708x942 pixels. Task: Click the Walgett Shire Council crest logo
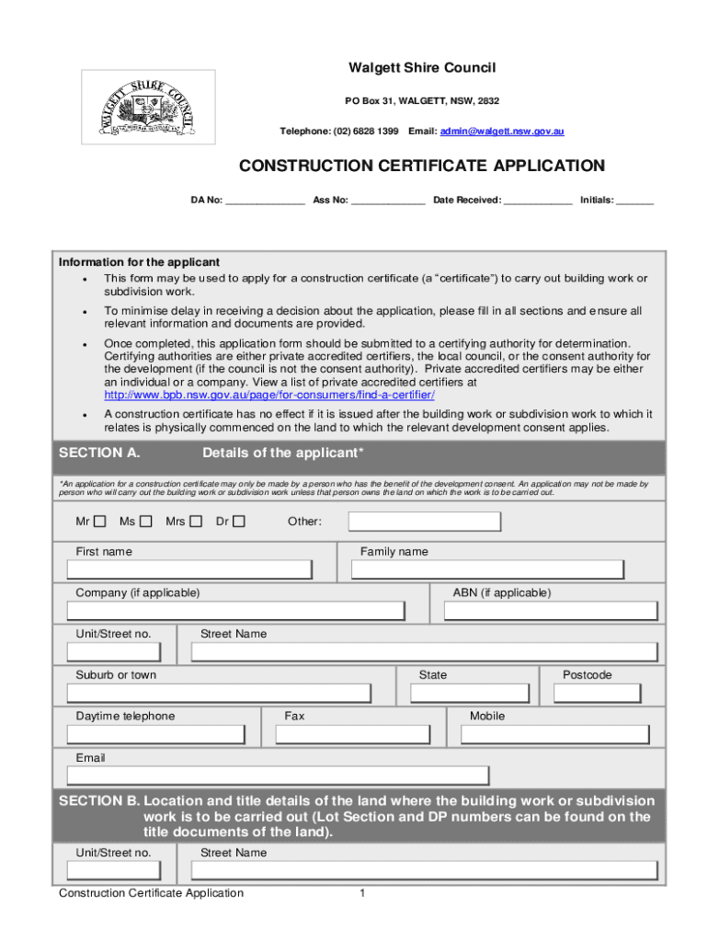pyautogui.click(x=148, y=107)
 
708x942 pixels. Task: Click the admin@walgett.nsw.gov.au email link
pyautogui.click(x=502, y=132)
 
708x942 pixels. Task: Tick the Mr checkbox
pyautogui.click(x=99, y=522)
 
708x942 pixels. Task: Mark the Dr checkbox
pyautogui.click(x=239, y=522)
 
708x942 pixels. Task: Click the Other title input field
pyautogui.click(x=424, y=523)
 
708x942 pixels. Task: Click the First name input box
pyautogui.click(x=190, y=569)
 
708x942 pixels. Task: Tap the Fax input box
pyautogui.click(x=351, y=734)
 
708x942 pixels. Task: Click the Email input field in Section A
pyautogui.click(x=278, y=775)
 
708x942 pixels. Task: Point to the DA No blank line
pyautogui.click(x=265, y=200)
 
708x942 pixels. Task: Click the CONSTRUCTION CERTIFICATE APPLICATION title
pyautogui.click(x=422, y=166)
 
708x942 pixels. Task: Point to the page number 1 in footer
pyautogui.click(x=363, y=893)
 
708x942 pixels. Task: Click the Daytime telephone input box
pyautogui.click(x=156, y=734)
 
